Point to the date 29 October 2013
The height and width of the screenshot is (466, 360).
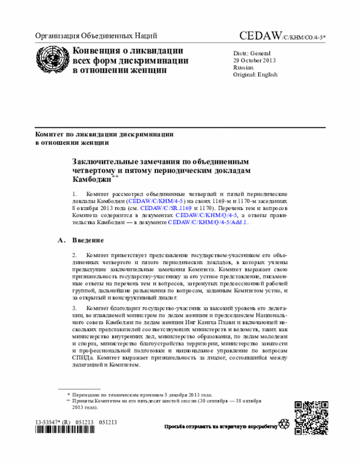click(x=255, y=60)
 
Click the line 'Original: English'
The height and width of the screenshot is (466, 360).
click(x=255, y=74)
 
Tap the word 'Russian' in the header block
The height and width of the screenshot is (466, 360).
click(x=243, y=67)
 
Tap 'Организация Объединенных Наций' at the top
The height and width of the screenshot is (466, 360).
click(x=96, y=35)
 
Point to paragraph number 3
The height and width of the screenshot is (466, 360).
click(x=75, y=308)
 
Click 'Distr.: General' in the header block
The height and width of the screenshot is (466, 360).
click(x=251, y=52)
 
